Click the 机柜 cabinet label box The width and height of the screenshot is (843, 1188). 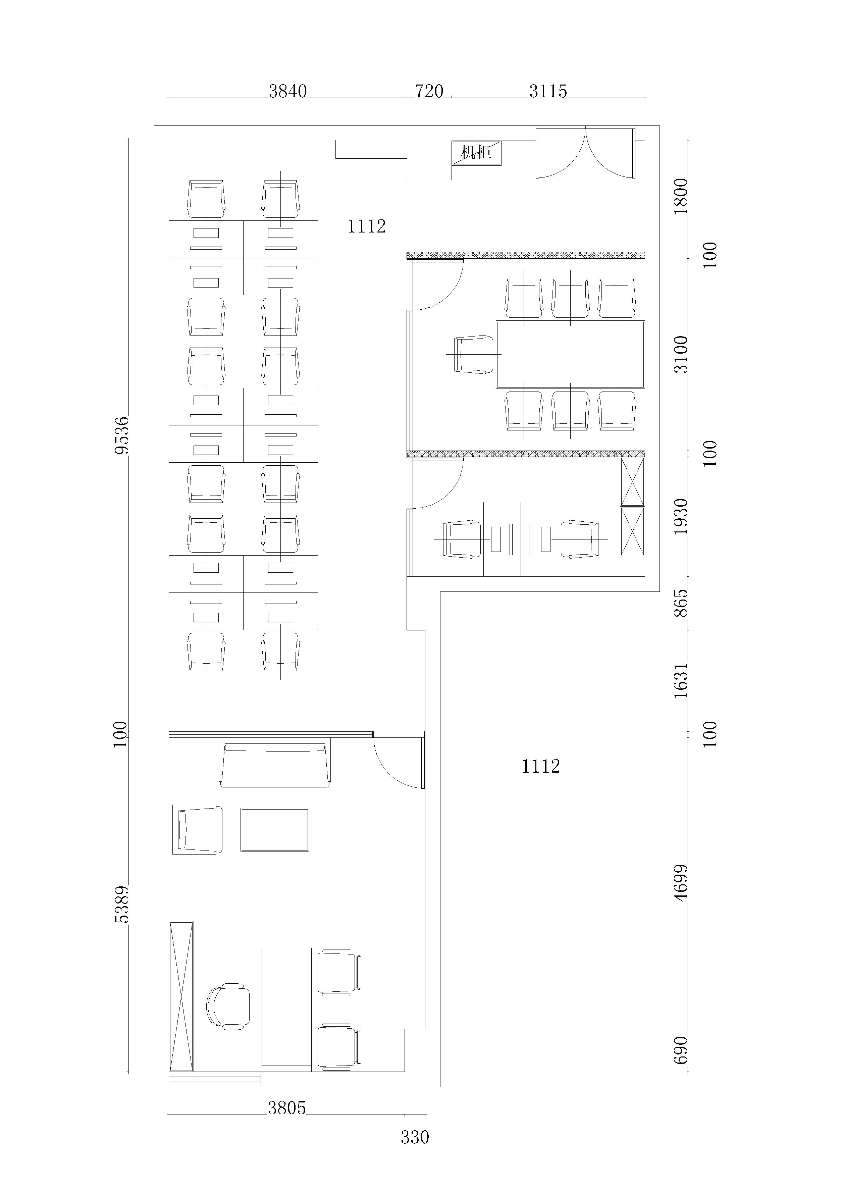click(476, 153)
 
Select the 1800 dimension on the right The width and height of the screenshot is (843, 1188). click(681, 196)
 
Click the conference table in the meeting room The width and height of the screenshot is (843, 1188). click(570, 355)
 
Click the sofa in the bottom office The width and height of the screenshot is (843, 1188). click(275, 765)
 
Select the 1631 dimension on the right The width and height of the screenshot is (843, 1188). click(681, 680)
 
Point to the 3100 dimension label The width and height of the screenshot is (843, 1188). click(681, 355)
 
